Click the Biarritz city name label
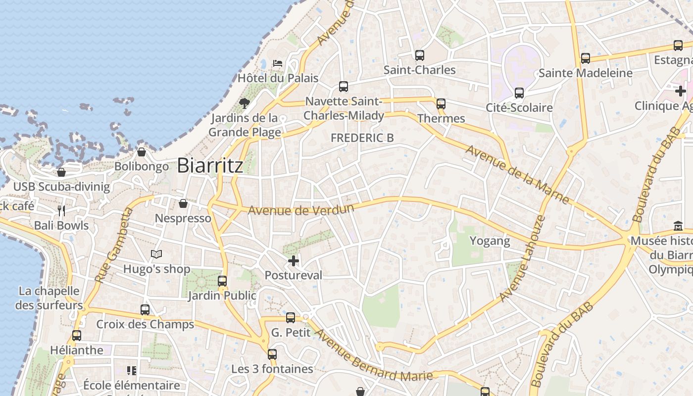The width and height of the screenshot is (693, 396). (210, 165)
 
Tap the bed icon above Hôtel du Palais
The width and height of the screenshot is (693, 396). (278, 63)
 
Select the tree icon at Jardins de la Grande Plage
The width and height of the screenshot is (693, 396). (244, 103)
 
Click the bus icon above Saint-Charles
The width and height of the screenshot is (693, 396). (420, 55)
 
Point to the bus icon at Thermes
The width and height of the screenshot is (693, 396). (441, 104)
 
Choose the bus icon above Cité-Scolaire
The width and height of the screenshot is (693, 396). (519, 93)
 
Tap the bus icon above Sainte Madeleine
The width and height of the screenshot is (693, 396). (586, 58)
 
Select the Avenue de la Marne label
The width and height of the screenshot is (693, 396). (517, 174)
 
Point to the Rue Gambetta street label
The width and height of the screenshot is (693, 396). (114, 246)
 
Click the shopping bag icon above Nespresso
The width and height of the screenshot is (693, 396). (183, 203)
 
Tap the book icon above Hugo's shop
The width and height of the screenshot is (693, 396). (156, 254)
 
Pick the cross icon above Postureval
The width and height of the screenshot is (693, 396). (294, 260)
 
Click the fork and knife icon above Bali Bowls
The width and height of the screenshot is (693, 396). (61, 211)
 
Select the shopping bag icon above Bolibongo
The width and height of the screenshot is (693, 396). (142, 152)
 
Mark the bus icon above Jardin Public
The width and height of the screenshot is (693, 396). (222, 281)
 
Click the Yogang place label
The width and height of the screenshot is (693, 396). (490, 241)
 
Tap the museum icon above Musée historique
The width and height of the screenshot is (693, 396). (678, 226)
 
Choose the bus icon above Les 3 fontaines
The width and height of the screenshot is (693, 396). (272, 354)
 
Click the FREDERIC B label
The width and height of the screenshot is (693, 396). (362, 138)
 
